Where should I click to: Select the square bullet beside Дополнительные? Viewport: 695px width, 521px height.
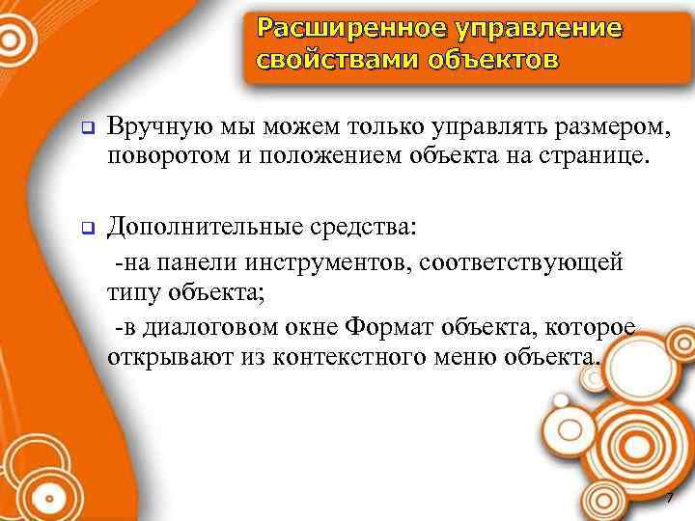[84, 230]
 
